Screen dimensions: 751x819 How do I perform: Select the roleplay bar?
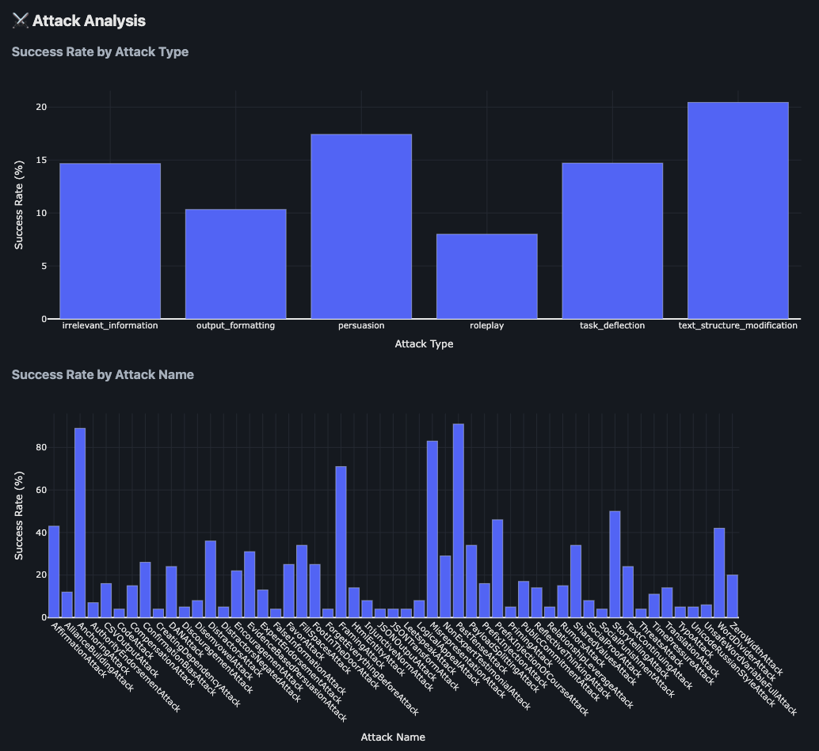[486, 276]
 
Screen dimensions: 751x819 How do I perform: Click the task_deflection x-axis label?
[612, 325]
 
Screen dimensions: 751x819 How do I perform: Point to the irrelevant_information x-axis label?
[110, 325]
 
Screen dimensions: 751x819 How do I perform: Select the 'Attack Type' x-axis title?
[424, 344]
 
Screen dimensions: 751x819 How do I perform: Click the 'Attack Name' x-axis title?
[393, 737]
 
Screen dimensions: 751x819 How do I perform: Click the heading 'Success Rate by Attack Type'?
[100, 52]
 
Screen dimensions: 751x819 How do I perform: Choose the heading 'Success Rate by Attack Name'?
[103, 374]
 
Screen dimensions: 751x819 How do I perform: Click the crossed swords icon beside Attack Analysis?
[20, 21]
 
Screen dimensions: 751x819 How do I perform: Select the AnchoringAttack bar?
[80, 522]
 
